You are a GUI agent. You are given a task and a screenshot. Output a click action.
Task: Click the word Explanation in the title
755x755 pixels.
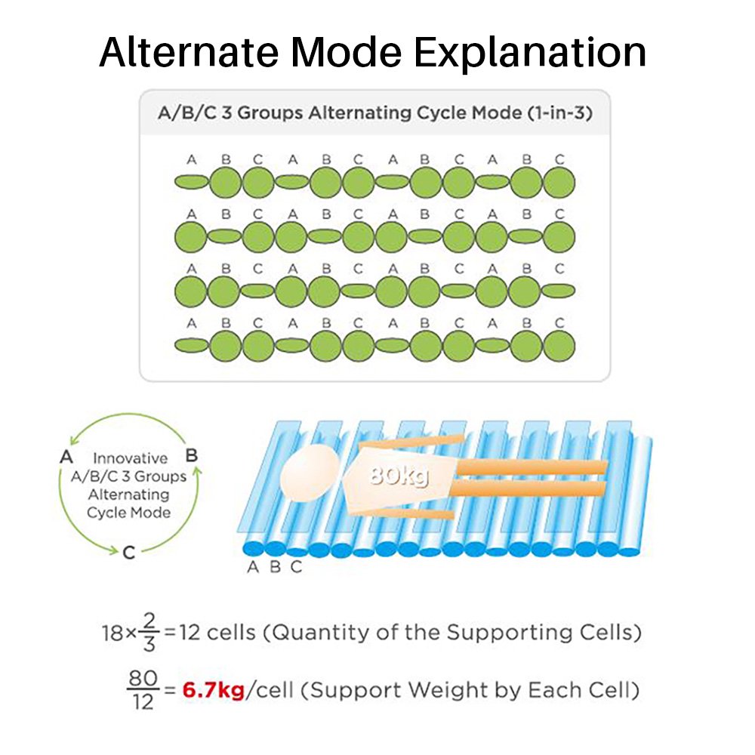(530, 54)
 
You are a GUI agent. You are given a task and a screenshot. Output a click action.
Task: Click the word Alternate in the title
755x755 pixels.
(189, 51)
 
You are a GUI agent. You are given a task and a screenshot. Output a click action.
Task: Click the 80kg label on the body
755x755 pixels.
(399, 476)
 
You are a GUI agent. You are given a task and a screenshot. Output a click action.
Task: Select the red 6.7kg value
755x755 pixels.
(214, 691)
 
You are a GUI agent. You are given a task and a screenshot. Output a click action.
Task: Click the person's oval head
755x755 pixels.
(310, 473)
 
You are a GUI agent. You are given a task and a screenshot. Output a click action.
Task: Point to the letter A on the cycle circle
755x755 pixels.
(66, 456)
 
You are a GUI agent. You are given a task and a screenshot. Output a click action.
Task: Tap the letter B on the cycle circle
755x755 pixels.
(192, 455)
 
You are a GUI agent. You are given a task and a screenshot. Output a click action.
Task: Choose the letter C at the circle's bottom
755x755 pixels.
(129, 553)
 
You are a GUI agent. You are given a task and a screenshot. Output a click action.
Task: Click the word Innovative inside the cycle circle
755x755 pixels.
(130, 458)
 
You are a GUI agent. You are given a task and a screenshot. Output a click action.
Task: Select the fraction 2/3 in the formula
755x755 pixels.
(149, 632)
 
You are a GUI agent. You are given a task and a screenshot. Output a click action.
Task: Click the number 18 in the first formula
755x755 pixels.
(112, 633)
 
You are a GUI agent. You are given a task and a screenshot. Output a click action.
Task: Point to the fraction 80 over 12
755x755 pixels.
(143, 691)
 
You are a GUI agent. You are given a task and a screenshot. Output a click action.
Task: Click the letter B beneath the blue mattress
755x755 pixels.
(275, 567)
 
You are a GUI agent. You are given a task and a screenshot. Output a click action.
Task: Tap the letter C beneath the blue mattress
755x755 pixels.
(296, 567)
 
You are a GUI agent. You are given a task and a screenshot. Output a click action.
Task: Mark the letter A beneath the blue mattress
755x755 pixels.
(253, 567)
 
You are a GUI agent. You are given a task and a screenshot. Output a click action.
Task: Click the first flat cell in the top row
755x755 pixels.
(192, 182)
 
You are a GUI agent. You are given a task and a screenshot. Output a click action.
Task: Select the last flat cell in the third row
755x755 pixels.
(559, 291)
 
